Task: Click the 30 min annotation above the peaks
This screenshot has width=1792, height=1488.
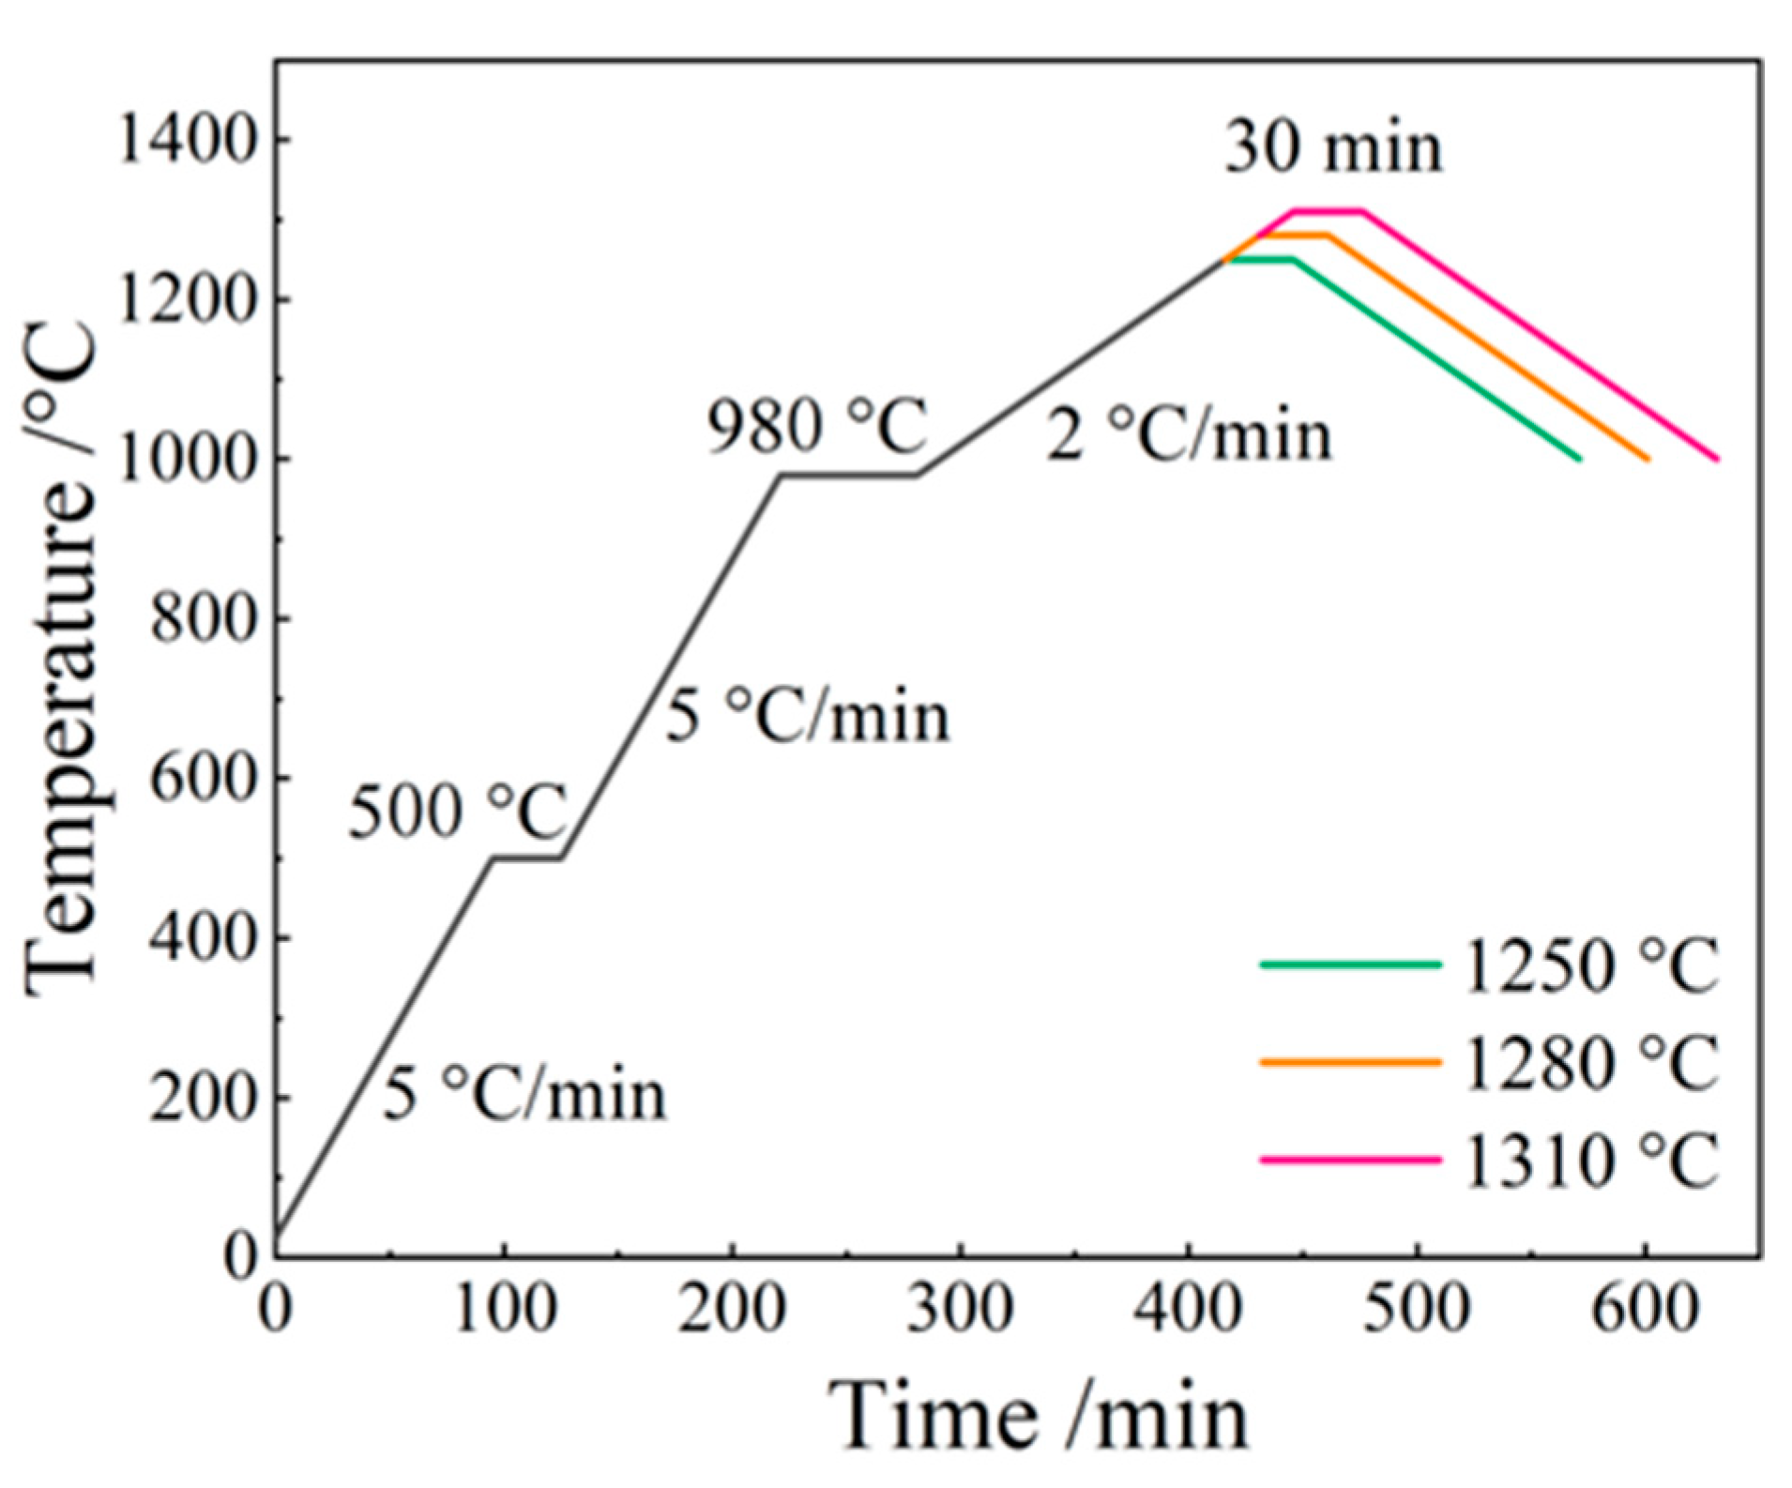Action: [1333, 148]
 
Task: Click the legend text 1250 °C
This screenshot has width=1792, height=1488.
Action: [1590, 965]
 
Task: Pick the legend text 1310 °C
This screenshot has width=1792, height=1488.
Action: [1590, 1162]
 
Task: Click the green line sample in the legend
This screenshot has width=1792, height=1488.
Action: [1350, 964]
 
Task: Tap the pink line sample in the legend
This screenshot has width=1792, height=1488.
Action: [1350, 1161]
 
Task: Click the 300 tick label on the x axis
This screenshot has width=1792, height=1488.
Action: [960, 1307]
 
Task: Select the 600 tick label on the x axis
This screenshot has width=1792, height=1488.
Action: [1645, 1307]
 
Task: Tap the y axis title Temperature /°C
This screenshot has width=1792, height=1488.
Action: [61, 657]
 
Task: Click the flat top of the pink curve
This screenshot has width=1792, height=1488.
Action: [1328, 211]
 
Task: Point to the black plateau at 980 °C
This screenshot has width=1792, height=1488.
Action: [847, 475]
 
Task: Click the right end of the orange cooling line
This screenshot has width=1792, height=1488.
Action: [1647, 458]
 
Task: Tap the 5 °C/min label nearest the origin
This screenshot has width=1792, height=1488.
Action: [524, 1095]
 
